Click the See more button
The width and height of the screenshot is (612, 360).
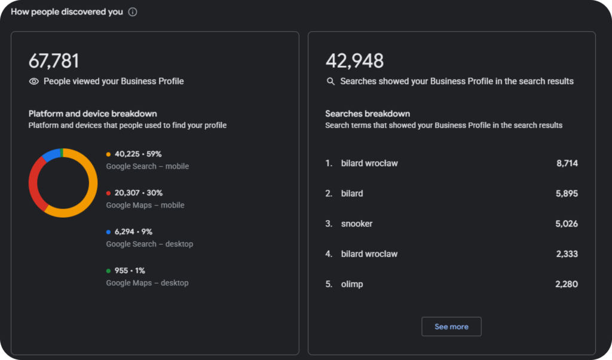coord(451,327)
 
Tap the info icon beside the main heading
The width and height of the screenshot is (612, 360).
coord(133,12)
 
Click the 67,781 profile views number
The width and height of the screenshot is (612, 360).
coord(54,62)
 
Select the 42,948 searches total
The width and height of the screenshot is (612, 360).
coord(354,62)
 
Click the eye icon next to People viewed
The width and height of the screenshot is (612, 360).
coord(34,81)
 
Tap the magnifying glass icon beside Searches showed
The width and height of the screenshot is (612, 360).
coord(331,81)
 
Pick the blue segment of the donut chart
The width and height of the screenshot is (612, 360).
coord(51,154)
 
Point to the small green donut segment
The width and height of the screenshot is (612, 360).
coord(62,152)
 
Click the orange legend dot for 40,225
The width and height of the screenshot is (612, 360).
coord(109,154)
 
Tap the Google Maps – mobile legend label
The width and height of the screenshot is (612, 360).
coord(145,205)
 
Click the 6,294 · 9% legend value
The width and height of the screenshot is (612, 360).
coord(133,231)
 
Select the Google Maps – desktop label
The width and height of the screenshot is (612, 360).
coord(147,283)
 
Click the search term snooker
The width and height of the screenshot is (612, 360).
coord(357,224)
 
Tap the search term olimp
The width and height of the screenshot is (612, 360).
coord(352,284)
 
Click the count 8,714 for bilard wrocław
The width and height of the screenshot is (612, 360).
coord(567,163)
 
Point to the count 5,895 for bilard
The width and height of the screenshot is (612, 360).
coord(567,193)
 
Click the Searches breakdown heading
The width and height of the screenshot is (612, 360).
coord(368,114)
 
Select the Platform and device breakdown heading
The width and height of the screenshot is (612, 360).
coord(93,114)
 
